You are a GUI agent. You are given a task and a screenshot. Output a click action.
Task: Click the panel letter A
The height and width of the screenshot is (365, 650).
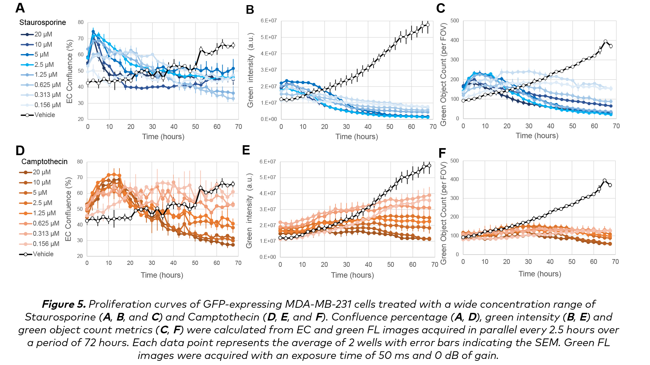coord(20,8)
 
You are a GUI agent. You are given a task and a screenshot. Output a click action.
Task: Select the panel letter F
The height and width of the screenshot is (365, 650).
coord(442,153)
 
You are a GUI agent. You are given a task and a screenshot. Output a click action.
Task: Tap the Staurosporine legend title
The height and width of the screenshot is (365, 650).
coord(42,22)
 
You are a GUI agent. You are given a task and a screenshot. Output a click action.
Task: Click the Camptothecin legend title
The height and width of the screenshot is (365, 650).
coord(44,162)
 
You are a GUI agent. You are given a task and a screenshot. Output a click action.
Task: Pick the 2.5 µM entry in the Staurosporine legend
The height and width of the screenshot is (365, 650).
coord(44,65)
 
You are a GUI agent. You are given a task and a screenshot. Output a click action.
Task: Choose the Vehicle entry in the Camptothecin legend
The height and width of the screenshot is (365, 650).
coord(43,254)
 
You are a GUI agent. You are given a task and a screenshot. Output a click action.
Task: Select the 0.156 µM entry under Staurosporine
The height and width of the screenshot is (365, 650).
coord(47,105)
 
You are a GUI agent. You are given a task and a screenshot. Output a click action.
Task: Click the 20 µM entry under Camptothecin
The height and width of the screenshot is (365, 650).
coord(42,172)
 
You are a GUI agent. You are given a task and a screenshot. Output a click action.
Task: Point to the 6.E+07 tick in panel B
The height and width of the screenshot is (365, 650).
coord(269,21)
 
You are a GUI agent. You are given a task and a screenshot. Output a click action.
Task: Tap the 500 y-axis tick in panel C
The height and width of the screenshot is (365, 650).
coord(455,21)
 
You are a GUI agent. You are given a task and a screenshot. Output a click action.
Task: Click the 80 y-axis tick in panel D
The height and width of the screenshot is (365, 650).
coord(80,162)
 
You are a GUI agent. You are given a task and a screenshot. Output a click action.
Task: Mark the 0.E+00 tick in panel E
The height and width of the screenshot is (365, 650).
coord(268,257)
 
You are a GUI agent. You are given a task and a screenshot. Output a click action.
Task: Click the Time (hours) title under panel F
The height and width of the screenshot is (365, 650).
coord(540,274)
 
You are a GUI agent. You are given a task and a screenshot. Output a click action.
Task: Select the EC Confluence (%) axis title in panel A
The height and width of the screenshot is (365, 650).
coord(70,71)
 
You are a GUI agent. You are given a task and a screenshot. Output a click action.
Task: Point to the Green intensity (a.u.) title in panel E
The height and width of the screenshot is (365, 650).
coord(249,210)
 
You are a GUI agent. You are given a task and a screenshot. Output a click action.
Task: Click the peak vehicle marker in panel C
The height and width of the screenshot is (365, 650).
coord(605,41)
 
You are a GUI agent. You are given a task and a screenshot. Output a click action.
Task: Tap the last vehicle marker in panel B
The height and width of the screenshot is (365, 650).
coord(428,25)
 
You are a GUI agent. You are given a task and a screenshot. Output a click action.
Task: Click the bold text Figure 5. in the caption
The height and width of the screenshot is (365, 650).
coord(64,304)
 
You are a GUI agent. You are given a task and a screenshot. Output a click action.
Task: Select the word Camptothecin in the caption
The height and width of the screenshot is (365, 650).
coord(224,317)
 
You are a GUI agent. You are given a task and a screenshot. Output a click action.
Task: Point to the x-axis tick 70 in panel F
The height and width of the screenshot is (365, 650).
coord(615,262)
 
